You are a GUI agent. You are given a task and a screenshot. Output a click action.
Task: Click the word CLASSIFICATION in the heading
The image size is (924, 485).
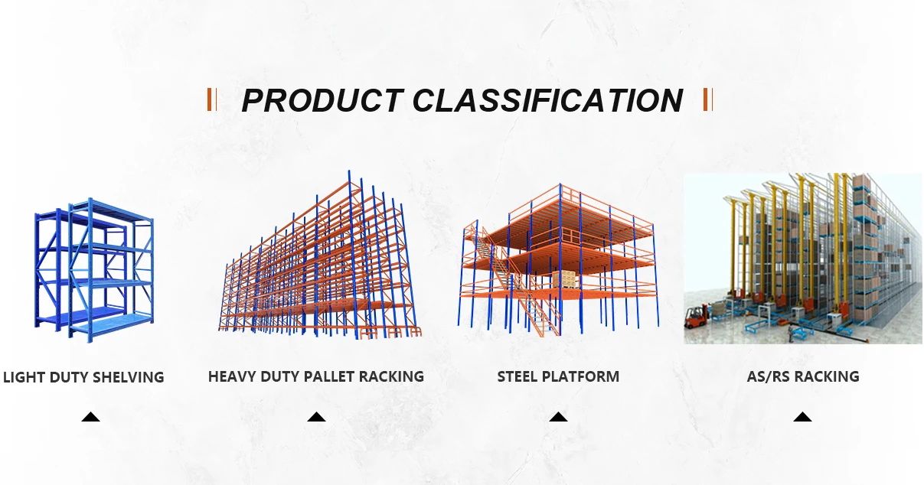[547, 100]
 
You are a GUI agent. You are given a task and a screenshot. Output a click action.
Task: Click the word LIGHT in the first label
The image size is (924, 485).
[24, 377]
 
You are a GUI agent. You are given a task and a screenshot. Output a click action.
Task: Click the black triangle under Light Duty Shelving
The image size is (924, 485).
[90, 417]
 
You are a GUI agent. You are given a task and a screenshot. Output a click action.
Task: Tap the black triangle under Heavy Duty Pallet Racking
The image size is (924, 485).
[316, 417]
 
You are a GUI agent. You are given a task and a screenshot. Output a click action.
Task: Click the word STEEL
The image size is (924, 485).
[517, 376]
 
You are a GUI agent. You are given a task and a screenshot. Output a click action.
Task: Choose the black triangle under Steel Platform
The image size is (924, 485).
[558, 417]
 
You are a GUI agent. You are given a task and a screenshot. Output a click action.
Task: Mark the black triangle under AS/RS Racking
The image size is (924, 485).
[802, 417]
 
